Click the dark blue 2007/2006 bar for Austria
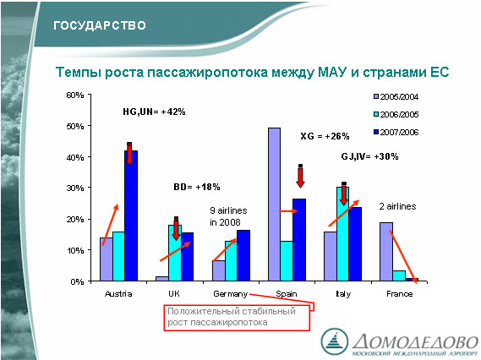point(131,215)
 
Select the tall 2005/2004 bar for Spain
point(274,205)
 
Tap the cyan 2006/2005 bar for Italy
point(342,234)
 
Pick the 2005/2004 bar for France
point(386,252)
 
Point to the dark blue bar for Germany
point(243,255)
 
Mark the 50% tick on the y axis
point(90,126)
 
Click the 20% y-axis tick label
point(75,219)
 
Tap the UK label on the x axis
point(173,294)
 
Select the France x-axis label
point(399,294)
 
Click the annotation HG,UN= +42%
point(154,112)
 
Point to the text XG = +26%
point(325,136)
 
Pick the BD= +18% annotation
point(197,187)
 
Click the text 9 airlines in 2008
point(228,216)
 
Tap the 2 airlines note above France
point(397,206)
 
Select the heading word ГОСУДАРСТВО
point(100,25)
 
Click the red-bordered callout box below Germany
point(237,318)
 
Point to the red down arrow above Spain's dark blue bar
point(301,176)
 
